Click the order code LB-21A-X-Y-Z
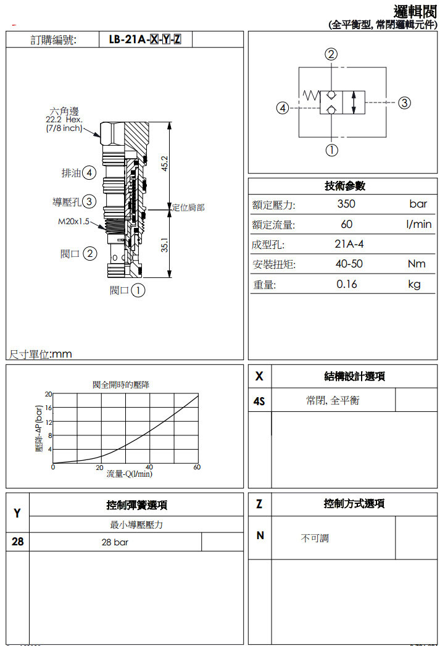coord(145,40)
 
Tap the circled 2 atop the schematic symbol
coord(332,54)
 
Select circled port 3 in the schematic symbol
coord(404,103)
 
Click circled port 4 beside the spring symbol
coord(283,108)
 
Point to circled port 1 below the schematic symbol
coord(332,149)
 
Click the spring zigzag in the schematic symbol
coord(310,95)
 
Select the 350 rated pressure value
coord(346,204)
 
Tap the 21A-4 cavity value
coord(349,244)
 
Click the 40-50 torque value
coord(349,264)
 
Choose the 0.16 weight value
coord(347,284)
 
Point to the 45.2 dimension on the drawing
coord(165,164)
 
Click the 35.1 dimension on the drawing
coord(165,246)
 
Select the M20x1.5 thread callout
coord(73,221)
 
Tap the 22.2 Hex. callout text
coord(64,120)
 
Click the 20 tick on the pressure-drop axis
coord(48,393)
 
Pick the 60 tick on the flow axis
coord(197,468)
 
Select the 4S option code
coord(259,401)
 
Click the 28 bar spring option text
coord(115,543)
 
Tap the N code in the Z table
coord(260,535)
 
